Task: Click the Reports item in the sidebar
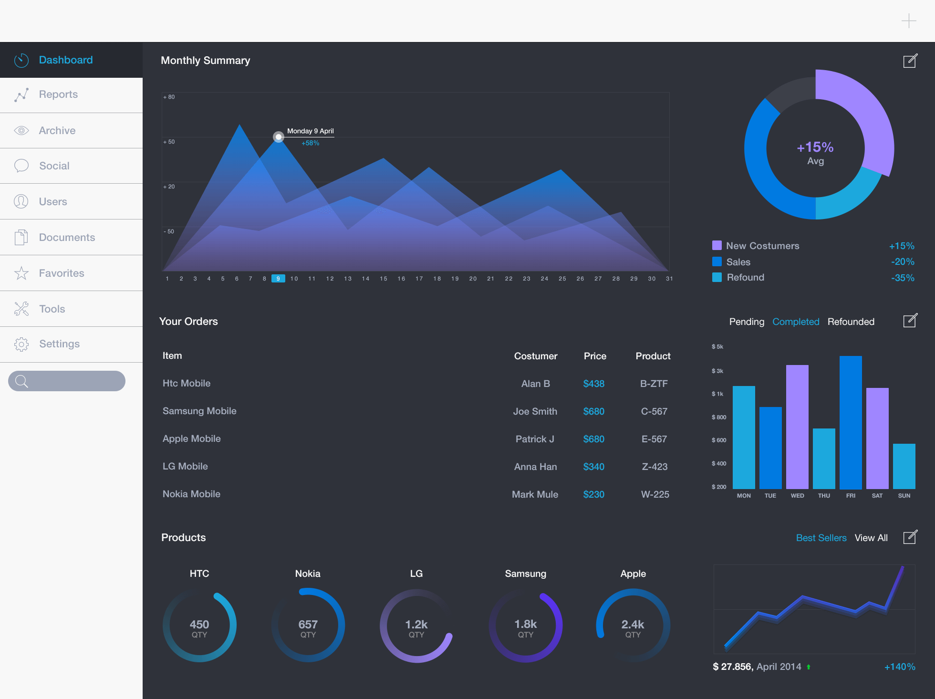(58, 94)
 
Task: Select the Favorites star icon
(21, 273)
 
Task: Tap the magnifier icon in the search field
(21, 381)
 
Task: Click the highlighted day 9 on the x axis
(278, 279)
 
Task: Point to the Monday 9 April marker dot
(279, 137)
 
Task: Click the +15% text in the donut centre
(815, 147)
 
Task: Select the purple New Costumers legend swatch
(717, 246)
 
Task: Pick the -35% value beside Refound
(903, 278)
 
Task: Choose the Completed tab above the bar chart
(796, 322)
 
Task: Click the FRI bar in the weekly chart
(851, 422)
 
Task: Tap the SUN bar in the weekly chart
(904, 466)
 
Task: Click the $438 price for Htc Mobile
(593, 384)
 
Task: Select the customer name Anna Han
(535, 467)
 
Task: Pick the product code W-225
(655, 494)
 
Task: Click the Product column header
(653, 356)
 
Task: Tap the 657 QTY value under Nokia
(308, 625)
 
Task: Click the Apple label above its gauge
(633, 574)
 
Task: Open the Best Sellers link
(821, 538)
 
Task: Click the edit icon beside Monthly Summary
(910, 61)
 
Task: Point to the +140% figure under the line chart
(900, 667)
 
